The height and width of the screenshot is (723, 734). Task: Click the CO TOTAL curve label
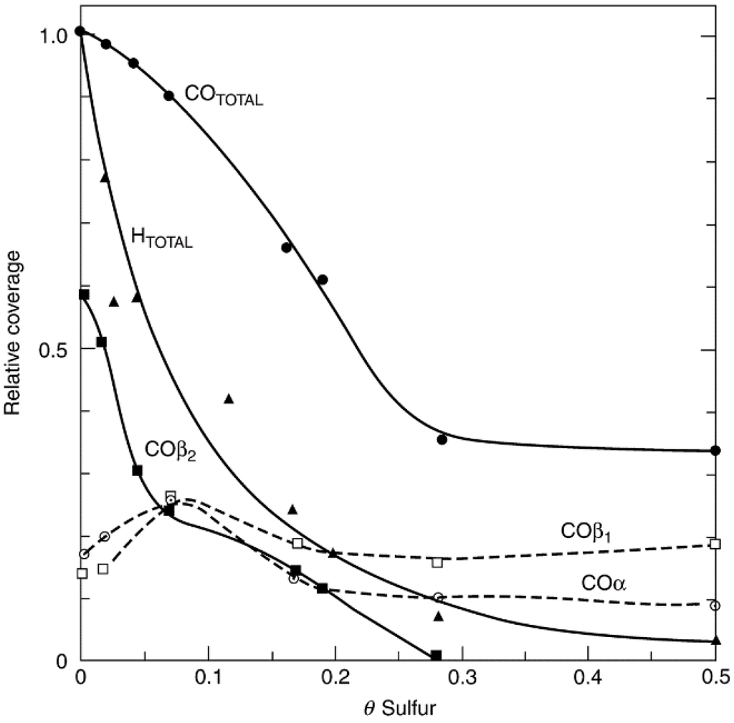point(224,95)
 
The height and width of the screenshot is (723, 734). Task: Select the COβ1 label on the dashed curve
point(584,532)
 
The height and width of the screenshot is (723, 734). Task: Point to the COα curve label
point(604,584)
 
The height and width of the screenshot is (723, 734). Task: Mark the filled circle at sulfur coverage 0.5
point(715,450)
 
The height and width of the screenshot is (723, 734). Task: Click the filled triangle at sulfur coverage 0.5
point(715,640)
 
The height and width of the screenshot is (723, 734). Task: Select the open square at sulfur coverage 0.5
point(714,543)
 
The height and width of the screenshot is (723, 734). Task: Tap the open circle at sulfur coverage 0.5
point(715,605)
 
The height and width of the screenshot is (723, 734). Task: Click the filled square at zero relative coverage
point(436,655)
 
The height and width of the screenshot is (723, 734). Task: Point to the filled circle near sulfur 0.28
point(442,439)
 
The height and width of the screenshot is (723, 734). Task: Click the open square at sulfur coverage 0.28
point(437,562)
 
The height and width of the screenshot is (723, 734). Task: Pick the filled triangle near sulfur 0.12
point(229,398)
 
